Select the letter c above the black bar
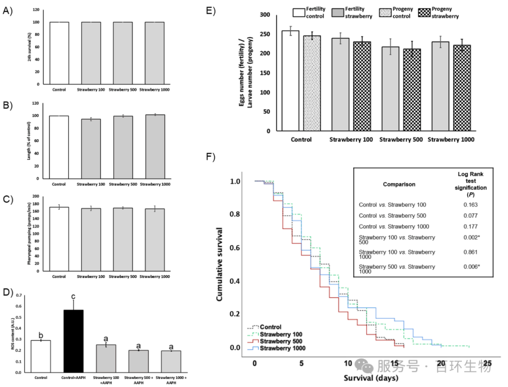pyautogui.click(x=73, y=296)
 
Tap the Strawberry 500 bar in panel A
pyautogui.click(x=123, y=53)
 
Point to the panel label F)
pyautogui.click(x=212, y=156)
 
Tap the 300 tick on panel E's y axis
pyautogui.click(x=266, y=15)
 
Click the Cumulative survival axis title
pyautogui.click(x=220, y=265)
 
